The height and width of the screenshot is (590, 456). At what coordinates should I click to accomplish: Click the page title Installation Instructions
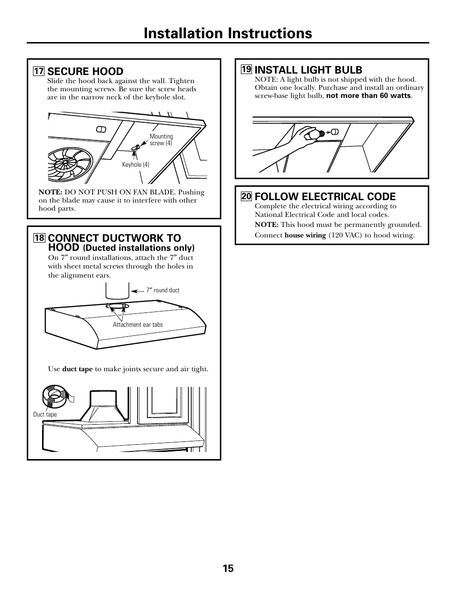[x=228, y=33]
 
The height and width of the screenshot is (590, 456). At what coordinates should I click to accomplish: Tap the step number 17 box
[x=38, y=72]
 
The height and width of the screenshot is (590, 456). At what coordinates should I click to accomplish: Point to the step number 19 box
[x=246, y=70]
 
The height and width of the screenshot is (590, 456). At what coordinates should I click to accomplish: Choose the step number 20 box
[x=246, y=196]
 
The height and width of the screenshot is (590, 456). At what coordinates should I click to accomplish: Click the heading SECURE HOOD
[x=86, y=72]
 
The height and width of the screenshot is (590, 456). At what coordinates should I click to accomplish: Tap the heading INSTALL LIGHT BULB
[x=308, y=70]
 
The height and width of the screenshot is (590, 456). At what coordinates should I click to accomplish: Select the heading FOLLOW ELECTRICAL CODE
[x=325, y=196]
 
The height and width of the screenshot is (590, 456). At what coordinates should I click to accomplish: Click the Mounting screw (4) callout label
[x=161, y=139]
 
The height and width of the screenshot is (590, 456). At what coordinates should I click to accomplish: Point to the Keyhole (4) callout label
[x=136, y=165]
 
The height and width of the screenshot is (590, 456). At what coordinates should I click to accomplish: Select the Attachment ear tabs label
[x=138, y=325]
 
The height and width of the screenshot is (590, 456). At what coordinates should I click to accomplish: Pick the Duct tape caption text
[x=45, y=415]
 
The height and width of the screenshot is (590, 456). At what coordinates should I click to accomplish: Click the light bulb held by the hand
[x=315, y=134]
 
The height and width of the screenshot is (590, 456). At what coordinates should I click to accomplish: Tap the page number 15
[x=228, y=569]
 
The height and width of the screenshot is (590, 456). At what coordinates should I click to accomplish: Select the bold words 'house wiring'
[x=305, y=236]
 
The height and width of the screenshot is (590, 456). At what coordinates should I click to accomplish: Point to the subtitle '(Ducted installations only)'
[x=139, y=248]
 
